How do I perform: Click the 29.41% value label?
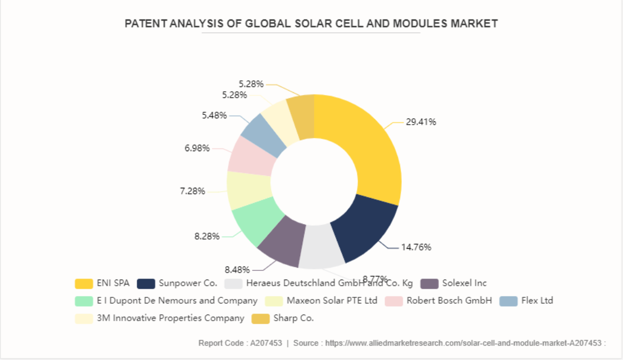421,122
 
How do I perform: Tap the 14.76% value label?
416,247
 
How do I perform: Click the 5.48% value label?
214,115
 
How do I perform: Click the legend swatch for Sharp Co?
261,318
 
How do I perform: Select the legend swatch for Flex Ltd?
509,301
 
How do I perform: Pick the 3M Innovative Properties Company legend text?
170,318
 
